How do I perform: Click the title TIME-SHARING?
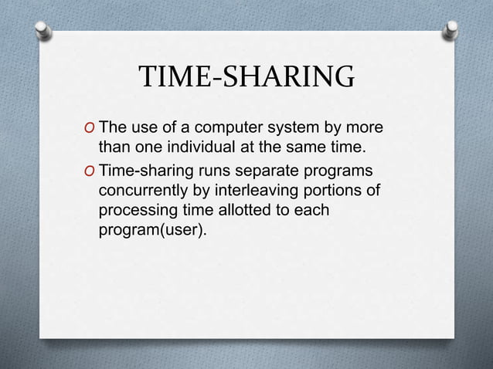(246, 79)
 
